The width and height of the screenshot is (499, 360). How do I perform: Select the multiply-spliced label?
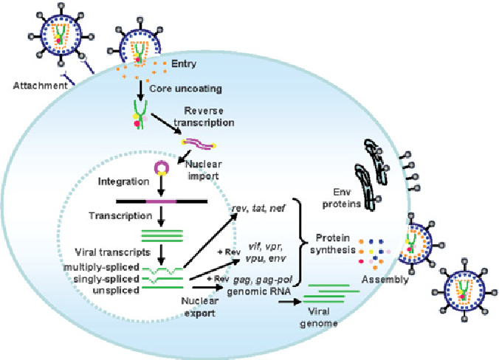[x=109, y=266]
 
